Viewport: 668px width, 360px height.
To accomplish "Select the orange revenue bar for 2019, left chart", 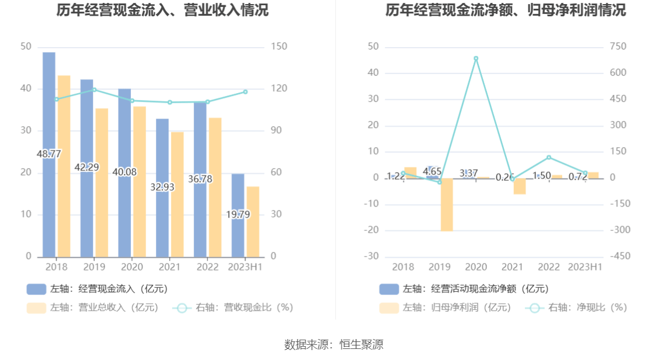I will click(102, 183).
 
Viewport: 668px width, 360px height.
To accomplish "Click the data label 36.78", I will click(200, 179).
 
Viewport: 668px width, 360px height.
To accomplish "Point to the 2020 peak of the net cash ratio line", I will click(476, 58).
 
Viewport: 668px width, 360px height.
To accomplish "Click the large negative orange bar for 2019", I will click(446, 205).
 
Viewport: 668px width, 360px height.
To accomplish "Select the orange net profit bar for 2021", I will click(520, 186).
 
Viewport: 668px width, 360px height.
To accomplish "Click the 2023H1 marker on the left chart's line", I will click(245, 92).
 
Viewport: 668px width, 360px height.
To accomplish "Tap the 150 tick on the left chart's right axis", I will click(280, 47).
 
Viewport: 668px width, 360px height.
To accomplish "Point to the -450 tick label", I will click(620, 256).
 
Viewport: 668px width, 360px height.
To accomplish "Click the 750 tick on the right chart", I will click(618, 47).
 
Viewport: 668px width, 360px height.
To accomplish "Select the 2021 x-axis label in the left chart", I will click(169, 267).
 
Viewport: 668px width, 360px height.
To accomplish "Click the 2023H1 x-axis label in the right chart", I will click(585, 267).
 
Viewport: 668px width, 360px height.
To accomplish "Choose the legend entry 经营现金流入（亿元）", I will click(98, 289).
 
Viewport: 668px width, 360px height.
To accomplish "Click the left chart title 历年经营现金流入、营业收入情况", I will click(163, 10).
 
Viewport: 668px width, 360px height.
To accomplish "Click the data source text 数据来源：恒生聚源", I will click(334, 345).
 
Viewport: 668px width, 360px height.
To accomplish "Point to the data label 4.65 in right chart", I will click(432, 172).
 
